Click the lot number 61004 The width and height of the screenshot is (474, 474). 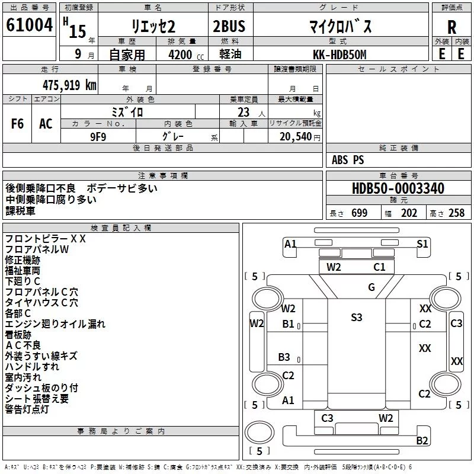coord(29,25)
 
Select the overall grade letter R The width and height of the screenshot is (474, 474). coord(451,27)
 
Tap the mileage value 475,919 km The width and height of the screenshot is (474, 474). coord(69,85)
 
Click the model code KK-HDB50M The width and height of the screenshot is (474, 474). coord(340,55)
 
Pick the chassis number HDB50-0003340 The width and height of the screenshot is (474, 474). coord(398,188)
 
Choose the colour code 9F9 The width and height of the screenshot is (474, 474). coord(98,137)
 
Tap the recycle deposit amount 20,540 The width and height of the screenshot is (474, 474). coord(296,137)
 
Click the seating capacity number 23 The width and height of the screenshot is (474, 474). coord(244,113)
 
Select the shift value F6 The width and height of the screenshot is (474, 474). coord(17,124)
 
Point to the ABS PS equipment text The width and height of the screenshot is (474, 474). coord(348,160)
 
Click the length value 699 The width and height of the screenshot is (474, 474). coord(360,213)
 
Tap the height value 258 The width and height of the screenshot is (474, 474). coord(456,213)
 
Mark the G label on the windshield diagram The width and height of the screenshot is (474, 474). coord(371,287)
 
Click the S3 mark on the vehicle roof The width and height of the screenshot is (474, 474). coord(357,318)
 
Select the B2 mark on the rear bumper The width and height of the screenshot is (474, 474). coord(422,440)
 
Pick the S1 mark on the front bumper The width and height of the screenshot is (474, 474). coord(422,244)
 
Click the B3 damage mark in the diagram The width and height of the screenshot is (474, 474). coord(284,357)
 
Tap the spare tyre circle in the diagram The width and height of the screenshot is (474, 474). coord(260,433)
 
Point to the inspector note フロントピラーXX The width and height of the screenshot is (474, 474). coord(46,239)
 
